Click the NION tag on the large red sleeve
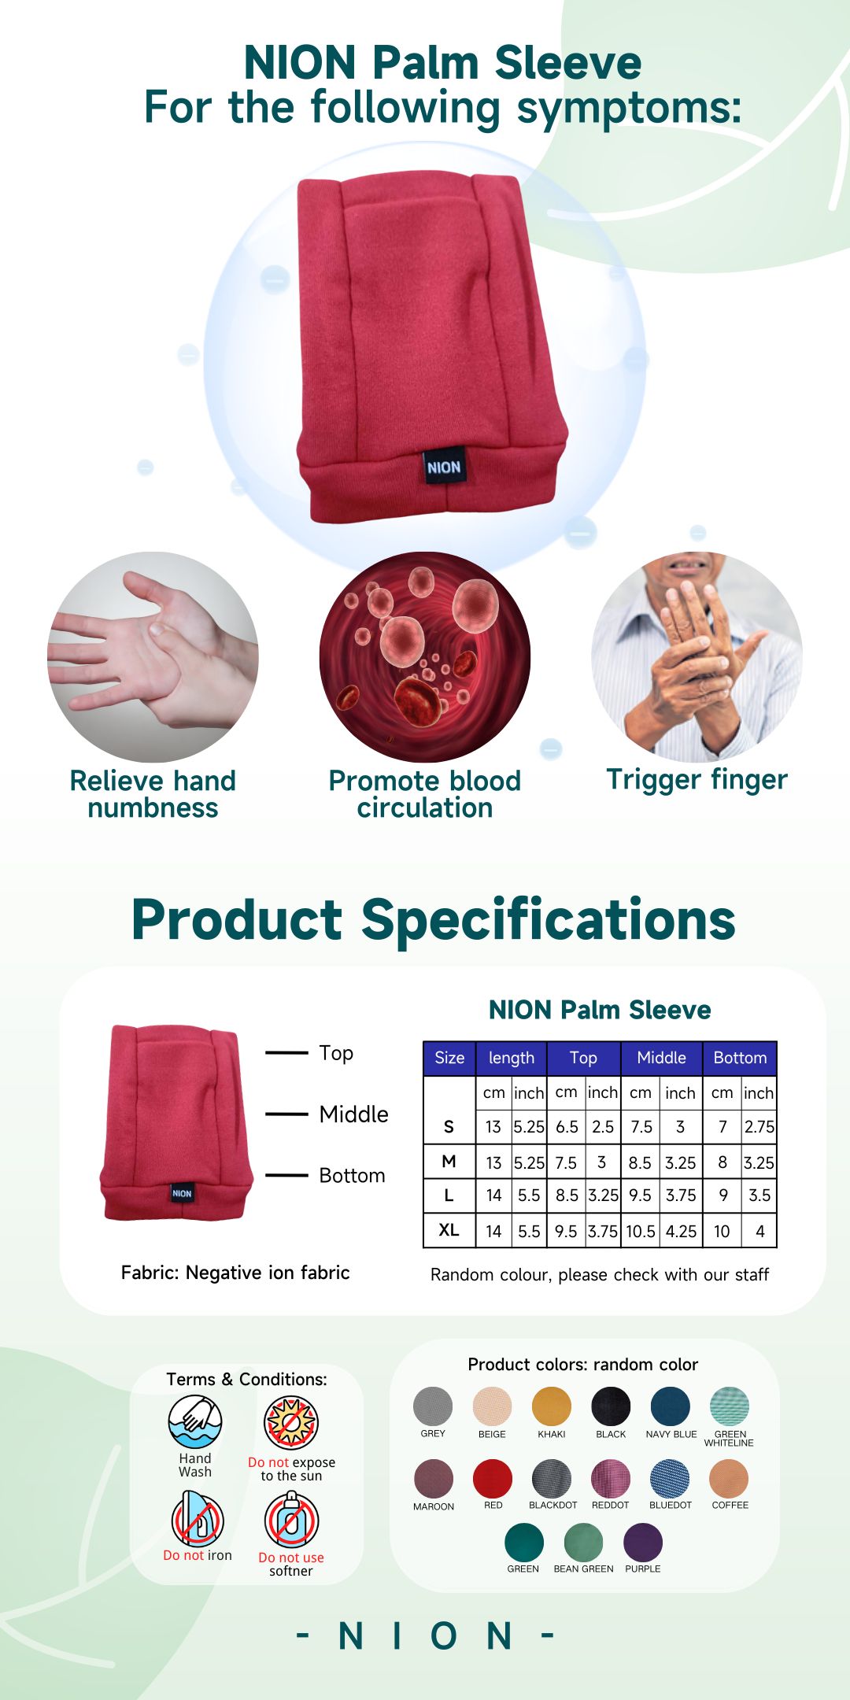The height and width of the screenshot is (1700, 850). (444, 468)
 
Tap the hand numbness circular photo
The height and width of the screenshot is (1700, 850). (153, 657)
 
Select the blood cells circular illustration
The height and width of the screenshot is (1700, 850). (425, 657)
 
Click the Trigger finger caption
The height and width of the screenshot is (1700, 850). (697, 781)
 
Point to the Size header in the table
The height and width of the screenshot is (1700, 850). (449, 1058)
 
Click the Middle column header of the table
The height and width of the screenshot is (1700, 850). (661, 1058)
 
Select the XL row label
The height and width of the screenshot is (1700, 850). (449, 1230)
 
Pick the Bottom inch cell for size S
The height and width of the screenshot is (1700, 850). (759, 1126)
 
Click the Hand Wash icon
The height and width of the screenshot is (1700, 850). (195, 1422)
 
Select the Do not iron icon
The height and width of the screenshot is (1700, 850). (198, 1519)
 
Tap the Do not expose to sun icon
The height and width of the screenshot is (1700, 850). (291, 1423)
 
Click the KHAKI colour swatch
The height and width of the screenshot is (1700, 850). (552, 1406)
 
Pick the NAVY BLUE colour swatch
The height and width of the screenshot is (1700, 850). (671, 1406)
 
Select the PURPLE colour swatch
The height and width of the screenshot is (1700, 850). (643, 1543)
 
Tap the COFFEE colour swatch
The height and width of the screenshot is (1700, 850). (729, 1479)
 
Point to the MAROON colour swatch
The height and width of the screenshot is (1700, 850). (434, 1479)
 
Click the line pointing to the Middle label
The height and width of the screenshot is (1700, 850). (286, 1114)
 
